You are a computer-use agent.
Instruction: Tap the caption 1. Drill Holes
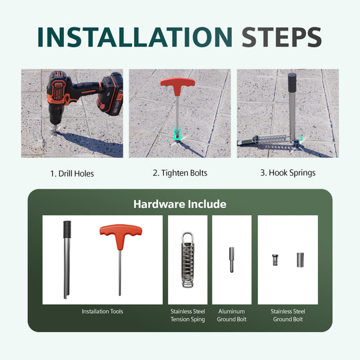pyautogui.click(x=71, y=173)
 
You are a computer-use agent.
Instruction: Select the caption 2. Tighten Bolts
pyautogui.click(x=180, y=173)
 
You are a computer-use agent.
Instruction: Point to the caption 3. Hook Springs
pyautogui.click(x=288, y=173)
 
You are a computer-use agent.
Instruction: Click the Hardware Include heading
pyautogui.click(x=180, y=204)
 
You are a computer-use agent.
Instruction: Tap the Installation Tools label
pyautogui.click(x=102, y=311)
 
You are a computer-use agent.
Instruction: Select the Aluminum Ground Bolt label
pyautogui.click(x=231, y=315)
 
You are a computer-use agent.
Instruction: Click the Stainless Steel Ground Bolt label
pyautogui.click(x=287, y=315)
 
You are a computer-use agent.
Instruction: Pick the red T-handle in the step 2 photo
pyautogui.click(x=177, y=86)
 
